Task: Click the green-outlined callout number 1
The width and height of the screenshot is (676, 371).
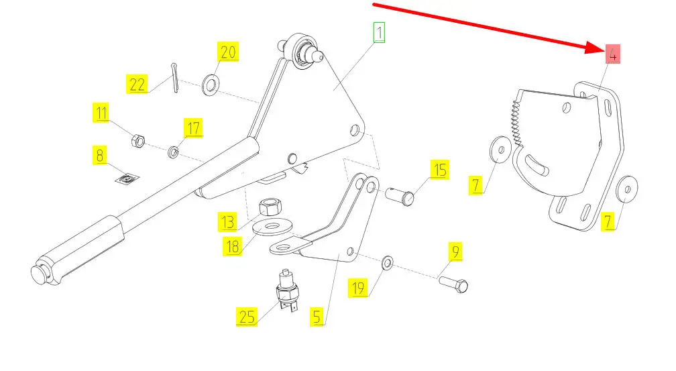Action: pos(380,32)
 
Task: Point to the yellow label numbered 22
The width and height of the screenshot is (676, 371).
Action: pos(137,85)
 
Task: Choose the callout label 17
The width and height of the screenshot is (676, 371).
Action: pos(193,127)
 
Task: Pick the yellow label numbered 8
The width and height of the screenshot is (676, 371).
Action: pos(100,156)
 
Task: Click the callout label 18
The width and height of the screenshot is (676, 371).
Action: pos(232,246)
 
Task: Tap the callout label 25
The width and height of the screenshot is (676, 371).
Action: pos(247,316)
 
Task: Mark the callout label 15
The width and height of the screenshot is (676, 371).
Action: pos(439,170)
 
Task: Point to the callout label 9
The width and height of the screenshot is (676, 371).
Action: pos(456,252)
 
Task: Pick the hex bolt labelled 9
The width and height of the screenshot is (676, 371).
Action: pos(453,282)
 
